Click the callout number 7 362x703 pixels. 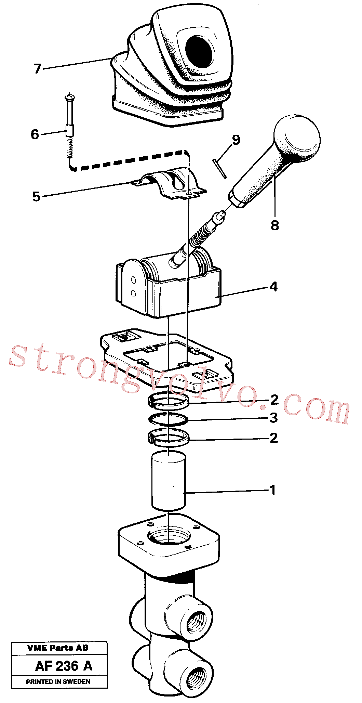(38, 69)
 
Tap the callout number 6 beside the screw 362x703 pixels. (35, 134)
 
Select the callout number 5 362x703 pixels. (36, 196)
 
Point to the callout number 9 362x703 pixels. (236, 140)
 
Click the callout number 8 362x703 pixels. (275, 225)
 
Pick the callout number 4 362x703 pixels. (273, 287)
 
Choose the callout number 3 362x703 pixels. (273, 418)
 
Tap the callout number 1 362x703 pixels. (272, 490)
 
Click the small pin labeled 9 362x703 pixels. (219, 169)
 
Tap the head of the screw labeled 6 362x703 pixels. (69, 97)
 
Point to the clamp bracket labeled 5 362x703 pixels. (169, 183)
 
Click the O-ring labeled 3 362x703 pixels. (169, 419)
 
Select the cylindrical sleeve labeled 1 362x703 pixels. (169, 481)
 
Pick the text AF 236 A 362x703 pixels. (64, 666)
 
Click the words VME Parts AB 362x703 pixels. (58, 648)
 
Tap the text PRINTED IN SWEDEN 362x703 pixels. (58, 681)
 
